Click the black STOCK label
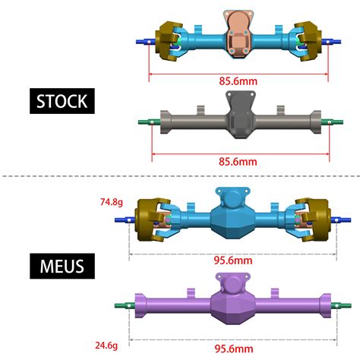(62, 100)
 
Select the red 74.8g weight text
(112, 202)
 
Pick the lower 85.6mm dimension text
(238, 161)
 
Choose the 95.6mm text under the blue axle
(232, 260)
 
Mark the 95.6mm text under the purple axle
(232, 348)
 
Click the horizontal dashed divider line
(180, 177)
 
